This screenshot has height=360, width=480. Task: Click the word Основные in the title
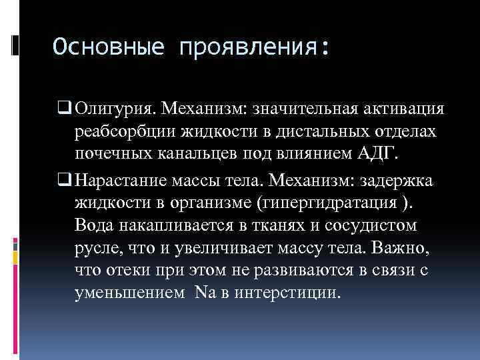[x=109, y=48]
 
